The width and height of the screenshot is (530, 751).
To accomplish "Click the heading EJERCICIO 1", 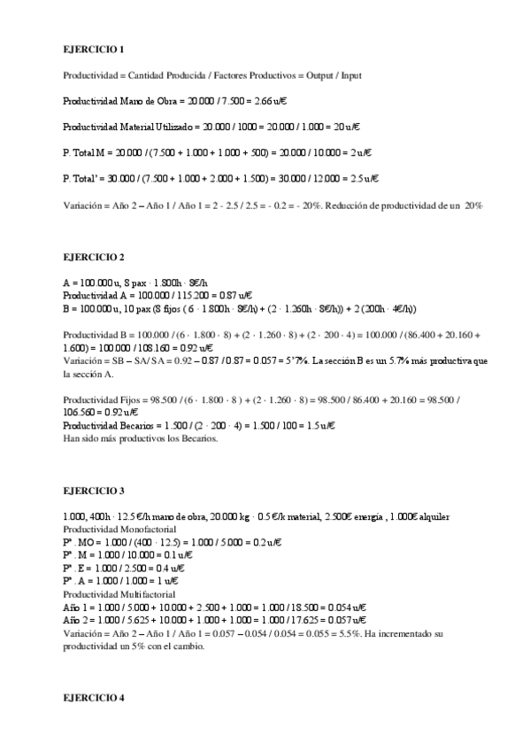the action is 93,50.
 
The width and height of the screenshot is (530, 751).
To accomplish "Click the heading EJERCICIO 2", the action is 93,257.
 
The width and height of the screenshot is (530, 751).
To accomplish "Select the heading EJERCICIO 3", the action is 93,490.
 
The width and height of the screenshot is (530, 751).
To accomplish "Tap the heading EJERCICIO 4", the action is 93,698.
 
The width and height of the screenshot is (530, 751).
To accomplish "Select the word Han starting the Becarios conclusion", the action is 72,438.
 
